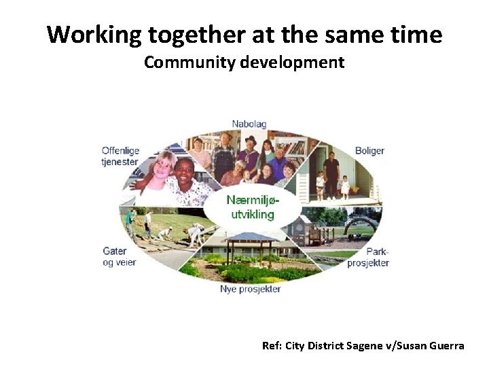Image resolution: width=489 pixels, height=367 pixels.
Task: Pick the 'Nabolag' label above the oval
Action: click(249, 124)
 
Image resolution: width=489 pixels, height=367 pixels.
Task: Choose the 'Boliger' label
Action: click(369, 150)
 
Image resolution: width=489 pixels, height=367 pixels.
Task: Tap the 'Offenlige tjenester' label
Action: click(120, 156)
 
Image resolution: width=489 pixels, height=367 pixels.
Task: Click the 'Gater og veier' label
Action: click(120, 257)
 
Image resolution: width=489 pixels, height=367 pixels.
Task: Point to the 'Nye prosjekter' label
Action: click(250, 289)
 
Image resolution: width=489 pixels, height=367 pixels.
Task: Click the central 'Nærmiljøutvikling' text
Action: click(251, 207)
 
